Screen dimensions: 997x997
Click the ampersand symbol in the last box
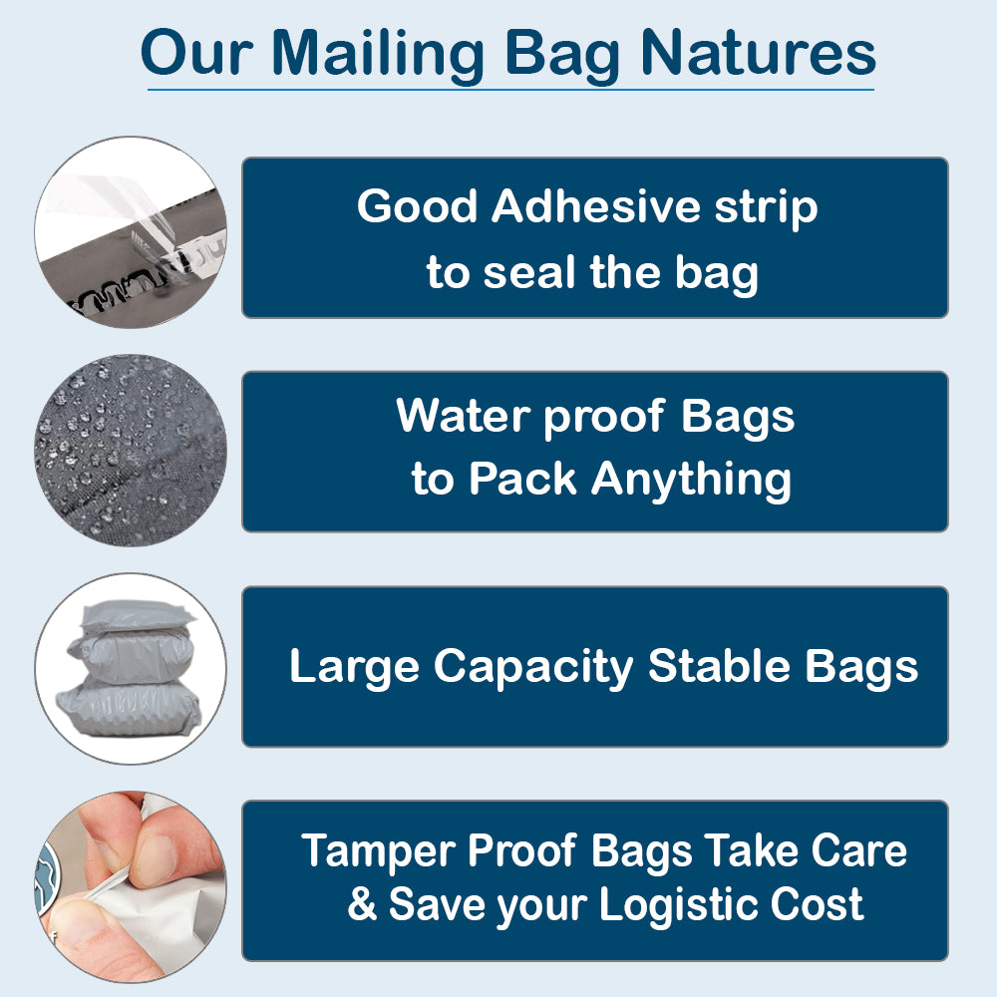362,904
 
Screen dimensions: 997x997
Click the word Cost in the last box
816,904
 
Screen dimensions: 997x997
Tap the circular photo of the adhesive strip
131,232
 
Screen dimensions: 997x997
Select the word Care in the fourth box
858,851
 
